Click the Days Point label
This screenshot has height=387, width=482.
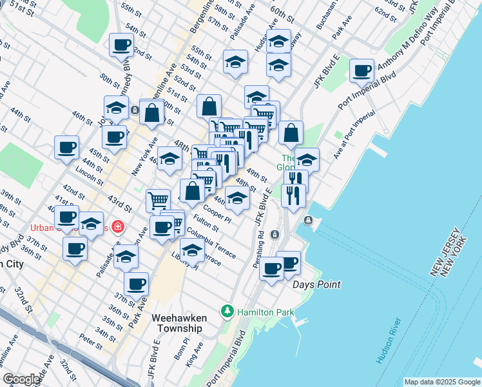[316, 284]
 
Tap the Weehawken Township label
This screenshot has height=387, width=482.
[177, 323]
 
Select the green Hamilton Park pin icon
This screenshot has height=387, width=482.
[227, 312]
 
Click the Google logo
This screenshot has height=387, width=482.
[21, 379]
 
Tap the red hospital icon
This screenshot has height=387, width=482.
[117, 226]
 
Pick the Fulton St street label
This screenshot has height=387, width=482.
[206, 228]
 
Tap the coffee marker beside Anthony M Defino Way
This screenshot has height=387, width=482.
[362, 70]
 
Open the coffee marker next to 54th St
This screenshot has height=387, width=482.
[121, 45]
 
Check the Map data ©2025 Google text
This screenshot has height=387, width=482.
[442, 382]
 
